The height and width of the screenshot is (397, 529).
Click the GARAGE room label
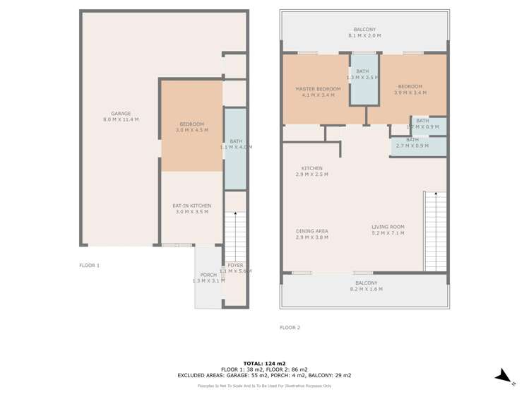click(121, 117)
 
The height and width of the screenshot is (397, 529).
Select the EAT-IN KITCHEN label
click(191, 208)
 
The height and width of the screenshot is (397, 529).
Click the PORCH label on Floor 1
click(208, 278)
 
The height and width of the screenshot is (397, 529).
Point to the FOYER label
click(235, 268)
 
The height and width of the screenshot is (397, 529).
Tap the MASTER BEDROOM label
click(317, 92)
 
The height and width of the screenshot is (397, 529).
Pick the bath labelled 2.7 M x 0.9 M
click(412, 143)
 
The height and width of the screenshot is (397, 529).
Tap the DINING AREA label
click(311, 234)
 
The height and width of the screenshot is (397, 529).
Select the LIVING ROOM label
click(388, 230)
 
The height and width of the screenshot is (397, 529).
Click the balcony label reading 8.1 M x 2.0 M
click(364, 32)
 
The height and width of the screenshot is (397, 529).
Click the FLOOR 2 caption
click(290, 328)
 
